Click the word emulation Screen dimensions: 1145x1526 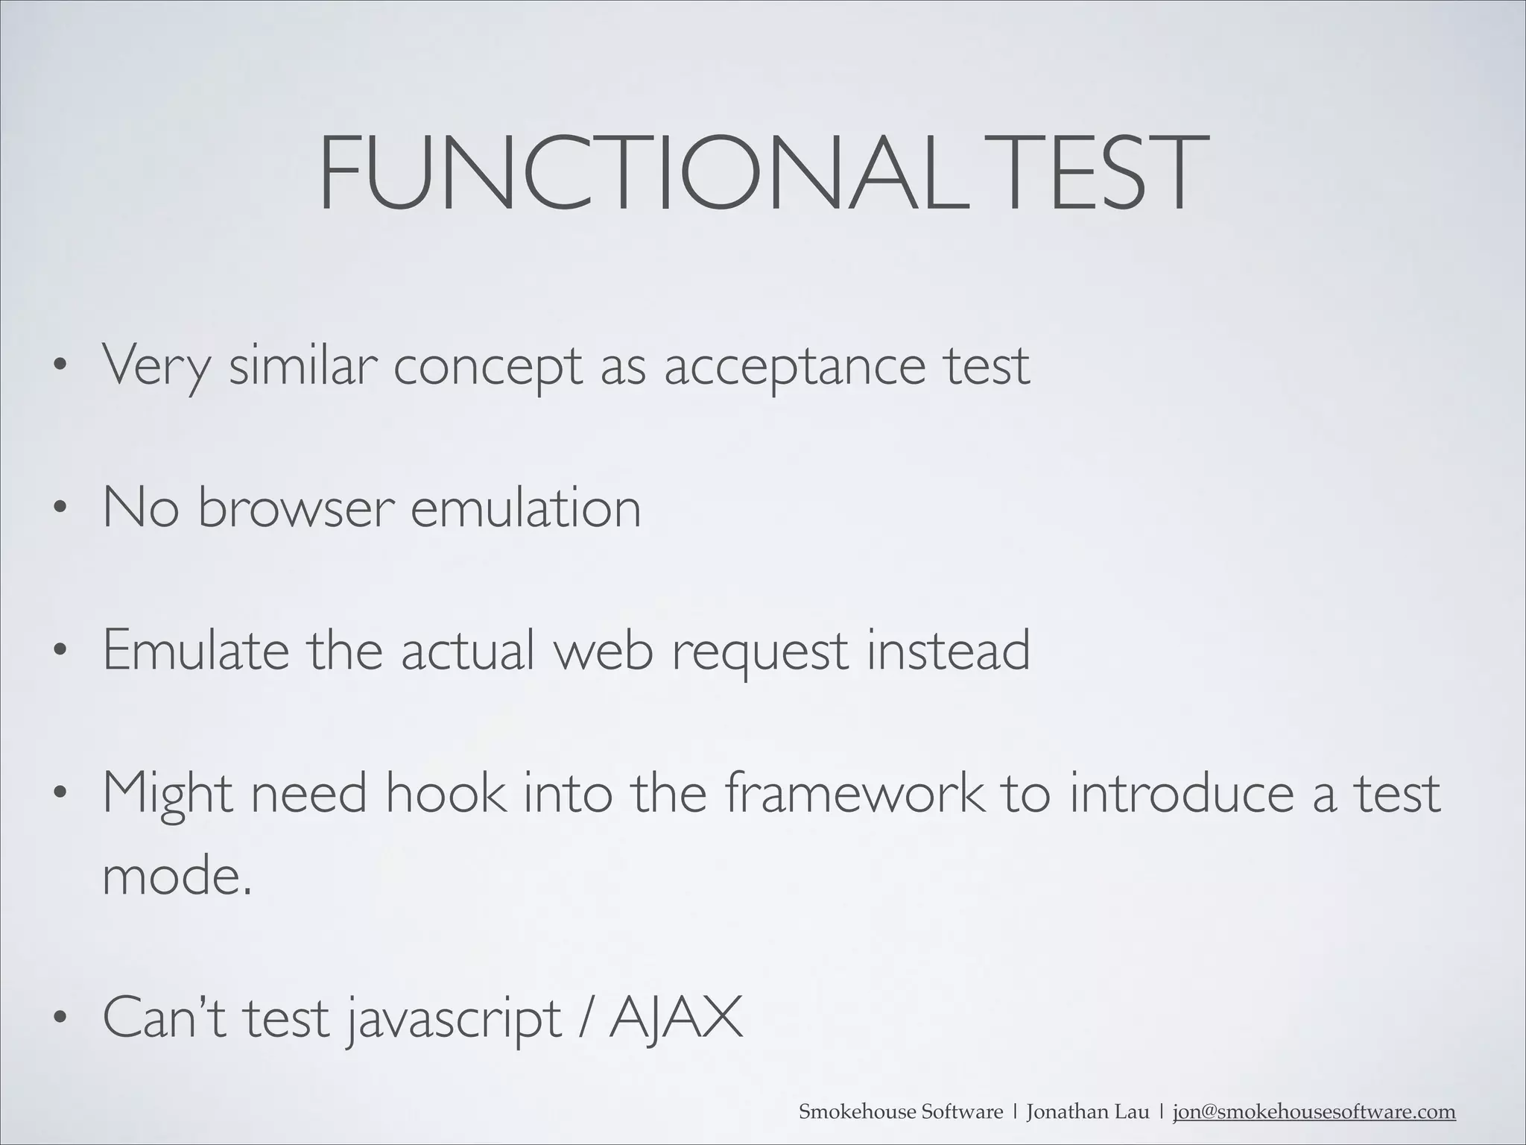[x=526, y=508]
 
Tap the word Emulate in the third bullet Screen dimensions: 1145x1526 [x=196, y=650]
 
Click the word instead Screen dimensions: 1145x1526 [x=948, y=650]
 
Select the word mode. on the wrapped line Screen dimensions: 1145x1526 [x=177, y=877]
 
